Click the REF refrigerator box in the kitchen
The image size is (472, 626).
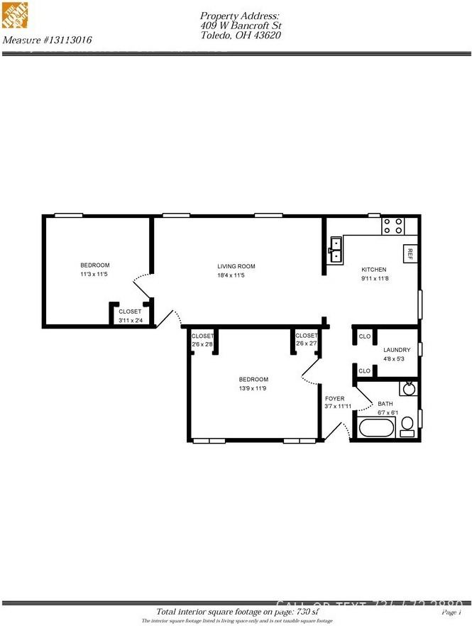[409, 253]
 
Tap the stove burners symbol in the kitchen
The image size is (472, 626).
[393, 226]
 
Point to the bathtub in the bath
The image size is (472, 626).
[375, 429]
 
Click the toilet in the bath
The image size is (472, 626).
[407, 426]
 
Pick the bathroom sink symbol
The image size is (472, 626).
[408, 388]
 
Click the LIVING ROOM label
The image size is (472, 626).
[236, 267]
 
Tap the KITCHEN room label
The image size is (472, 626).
[374, 270]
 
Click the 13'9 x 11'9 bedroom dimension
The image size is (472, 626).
[253, 388]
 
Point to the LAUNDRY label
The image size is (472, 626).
[397, 350]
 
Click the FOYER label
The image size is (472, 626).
[334, 399]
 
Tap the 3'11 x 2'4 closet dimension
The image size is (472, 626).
[130, 321]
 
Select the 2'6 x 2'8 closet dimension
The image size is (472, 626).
[202, 344]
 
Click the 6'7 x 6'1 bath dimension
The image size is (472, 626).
[390, 412]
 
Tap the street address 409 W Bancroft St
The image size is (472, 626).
[240, 26]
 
